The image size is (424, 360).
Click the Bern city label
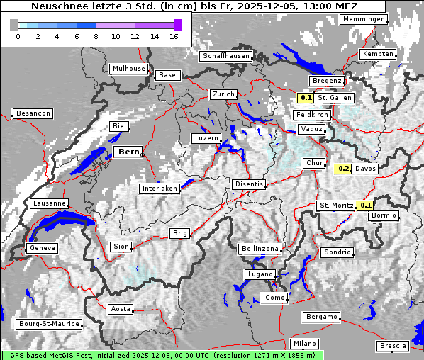click(129, 152)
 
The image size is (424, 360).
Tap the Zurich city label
click(223, 94)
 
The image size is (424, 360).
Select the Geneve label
click(41, 248)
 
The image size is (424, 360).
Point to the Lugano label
click(260, 274)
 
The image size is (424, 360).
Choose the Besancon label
click(33, 113)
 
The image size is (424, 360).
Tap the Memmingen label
click(364, 19)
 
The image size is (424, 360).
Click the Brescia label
click(393, 346)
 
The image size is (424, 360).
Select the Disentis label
click(249, 184)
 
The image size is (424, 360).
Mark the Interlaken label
click(160, 189)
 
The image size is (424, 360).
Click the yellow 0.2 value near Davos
click(343, 169)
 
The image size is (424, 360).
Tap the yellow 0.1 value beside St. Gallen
click(306, 98)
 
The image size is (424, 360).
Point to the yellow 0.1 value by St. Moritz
click(365, 206)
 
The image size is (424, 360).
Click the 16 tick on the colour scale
click(174, 36)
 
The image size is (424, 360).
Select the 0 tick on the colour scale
click(17, 36)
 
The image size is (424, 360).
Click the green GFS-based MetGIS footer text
click(162, 355)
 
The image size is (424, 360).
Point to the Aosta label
click(121, 309)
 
